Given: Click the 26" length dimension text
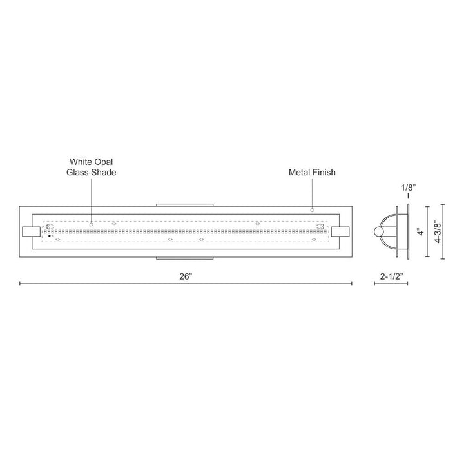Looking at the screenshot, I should click(x=186, y=276).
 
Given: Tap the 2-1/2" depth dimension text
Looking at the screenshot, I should click(x=391, y=276).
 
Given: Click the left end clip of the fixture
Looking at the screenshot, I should click(x=30, y=231).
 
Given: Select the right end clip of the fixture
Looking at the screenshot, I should click(x=341, y=231).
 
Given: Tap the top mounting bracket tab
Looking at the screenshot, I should click(x=186, y=205).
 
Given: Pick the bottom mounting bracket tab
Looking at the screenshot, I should click(x=186, y=258).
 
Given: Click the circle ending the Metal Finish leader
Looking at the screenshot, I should click(x=312, y=209).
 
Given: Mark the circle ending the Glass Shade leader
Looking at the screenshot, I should click(x=91, y=224).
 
